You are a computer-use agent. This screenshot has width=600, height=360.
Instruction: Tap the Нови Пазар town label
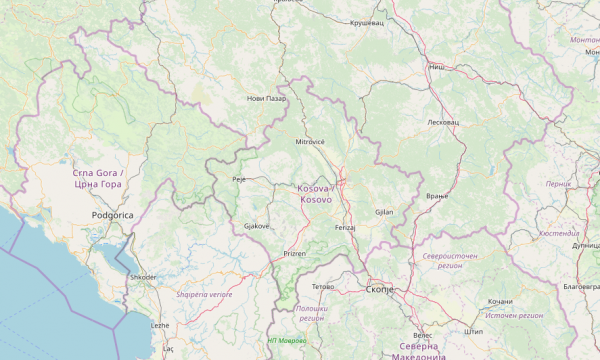pyautogui.click(x=267, y=98)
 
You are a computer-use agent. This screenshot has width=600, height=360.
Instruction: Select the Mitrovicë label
pyautogui.click(x=310, y=142)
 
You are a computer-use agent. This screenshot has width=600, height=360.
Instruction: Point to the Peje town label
pyautogui.click(x=238, y=179)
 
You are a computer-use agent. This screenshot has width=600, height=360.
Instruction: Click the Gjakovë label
pyautogui.click(x=257, y=226)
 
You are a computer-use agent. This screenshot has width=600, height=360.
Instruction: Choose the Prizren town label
pyautogui.click(x=294, y=254)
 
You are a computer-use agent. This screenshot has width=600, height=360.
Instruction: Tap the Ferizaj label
pyautogui.click(x=345, y=228)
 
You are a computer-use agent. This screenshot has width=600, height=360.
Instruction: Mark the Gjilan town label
pyautogui.click(x=384, y=212)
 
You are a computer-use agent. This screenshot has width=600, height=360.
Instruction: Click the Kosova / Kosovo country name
pyautogui.click(x=319, y=194)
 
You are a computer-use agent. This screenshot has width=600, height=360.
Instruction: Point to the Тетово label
pyautogui.click(x=323, y=286)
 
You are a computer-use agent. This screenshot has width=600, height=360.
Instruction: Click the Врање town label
pyautogui.click(x=436, y=195)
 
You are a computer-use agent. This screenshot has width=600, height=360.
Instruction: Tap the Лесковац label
pyautogui.click(x=442, y=121)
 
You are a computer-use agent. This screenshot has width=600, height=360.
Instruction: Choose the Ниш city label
pyautogui.click(x=436, y=67)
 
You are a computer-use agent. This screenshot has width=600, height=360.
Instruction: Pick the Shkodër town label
pyautogui.click(x=143, y=276)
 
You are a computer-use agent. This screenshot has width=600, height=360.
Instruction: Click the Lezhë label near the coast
pyautogui.click(x=160, y=325)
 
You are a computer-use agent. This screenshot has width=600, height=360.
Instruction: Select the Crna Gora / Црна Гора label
pyautogui.click(x=97, y=179)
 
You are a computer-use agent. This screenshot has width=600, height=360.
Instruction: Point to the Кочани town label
pyautogui.click(x=500, y=301)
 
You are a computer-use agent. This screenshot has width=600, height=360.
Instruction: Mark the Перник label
pyautogui.click(x=558, y=184)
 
